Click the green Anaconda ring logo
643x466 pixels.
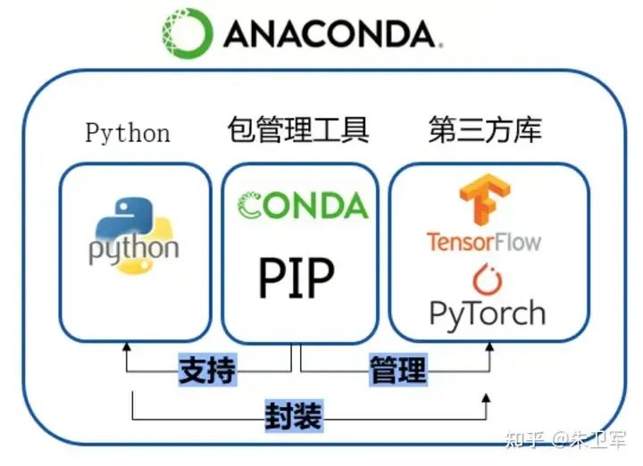[x=188, y=33]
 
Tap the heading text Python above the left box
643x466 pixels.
[x=128, y=133]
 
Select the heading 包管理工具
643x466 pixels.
[x=298, y=131]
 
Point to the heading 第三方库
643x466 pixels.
[x=485, y=131]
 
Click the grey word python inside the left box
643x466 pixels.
[x=134, y=247]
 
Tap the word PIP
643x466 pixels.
[x=296, y=278]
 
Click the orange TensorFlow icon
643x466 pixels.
[x=484, y=202]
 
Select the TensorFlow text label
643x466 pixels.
[x=483, y=241]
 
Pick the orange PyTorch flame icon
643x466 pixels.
[x=487, y=279]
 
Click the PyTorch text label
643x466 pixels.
[x=487, y=313]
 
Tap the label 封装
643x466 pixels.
[x=293, y=416]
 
